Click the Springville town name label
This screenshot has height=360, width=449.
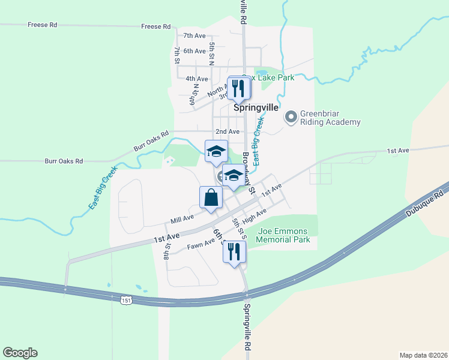coord(255,108)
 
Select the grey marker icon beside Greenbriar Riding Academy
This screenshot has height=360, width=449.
coord(291,116)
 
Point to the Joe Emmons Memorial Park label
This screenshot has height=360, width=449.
coord(283,235)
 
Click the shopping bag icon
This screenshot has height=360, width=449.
coord(211,197)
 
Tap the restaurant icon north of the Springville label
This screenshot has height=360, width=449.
coord(239,88)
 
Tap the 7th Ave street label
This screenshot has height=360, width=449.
coord(195,36)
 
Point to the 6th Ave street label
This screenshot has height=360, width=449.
coord(195,51)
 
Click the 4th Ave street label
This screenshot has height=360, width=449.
coord(197,79)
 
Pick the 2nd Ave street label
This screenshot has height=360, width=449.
coord(228,131)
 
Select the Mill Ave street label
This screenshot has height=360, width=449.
coord(182,220)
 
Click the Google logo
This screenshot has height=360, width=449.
coord(20,353)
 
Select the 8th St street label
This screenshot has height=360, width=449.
coord(167,251)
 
